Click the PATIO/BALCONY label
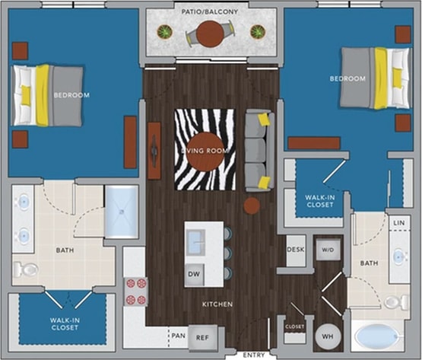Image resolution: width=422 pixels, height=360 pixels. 210,12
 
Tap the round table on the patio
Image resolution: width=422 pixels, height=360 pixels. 210,33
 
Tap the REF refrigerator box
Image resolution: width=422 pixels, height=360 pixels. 201,336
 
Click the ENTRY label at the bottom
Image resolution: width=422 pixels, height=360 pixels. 254,355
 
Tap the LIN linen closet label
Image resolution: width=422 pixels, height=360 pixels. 398,221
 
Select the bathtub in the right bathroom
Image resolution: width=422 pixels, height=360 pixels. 378,336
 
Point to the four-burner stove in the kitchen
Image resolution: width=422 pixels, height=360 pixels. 136,290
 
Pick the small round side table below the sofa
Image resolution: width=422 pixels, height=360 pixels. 252,205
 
